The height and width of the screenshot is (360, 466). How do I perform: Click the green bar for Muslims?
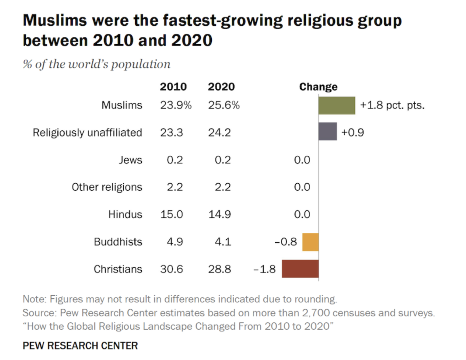336,105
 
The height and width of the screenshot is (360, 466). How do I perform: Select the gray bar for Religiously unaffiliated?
327,132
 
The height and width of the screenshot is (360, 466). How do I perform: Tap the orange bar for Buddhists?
310,242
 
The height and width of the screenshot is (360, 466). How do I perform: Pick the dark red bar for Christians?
300,269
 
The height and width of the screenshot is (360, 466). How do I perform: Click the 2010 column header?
173,87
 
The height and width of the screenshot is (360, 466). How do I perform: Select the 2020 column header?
221,87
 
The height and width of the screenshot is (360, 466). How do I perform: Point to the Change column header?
318,87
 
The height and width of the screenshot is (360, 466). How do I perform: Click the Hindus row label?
125,214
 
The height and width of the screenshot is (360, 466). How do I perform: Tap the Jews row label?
130,160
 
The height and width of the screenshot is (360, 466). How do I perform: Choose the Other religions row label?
107,187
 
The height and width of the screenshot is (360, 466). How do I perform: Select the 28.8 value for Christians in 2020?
220,269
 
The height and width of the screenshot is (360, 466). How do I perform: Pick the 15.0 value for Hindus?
172,214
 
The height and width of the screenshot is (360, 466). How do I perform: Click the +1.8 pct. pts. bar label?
392,105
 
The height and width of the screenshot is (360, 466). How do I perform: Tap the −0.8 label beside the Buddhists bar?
286,242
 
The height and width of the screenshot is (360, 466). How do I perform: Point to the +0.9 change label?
352,132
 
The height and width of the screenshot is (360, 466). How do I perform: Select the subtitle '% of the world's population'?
96,64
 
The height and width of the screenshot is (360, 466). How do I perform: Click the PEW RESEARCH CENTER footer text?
80,346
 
